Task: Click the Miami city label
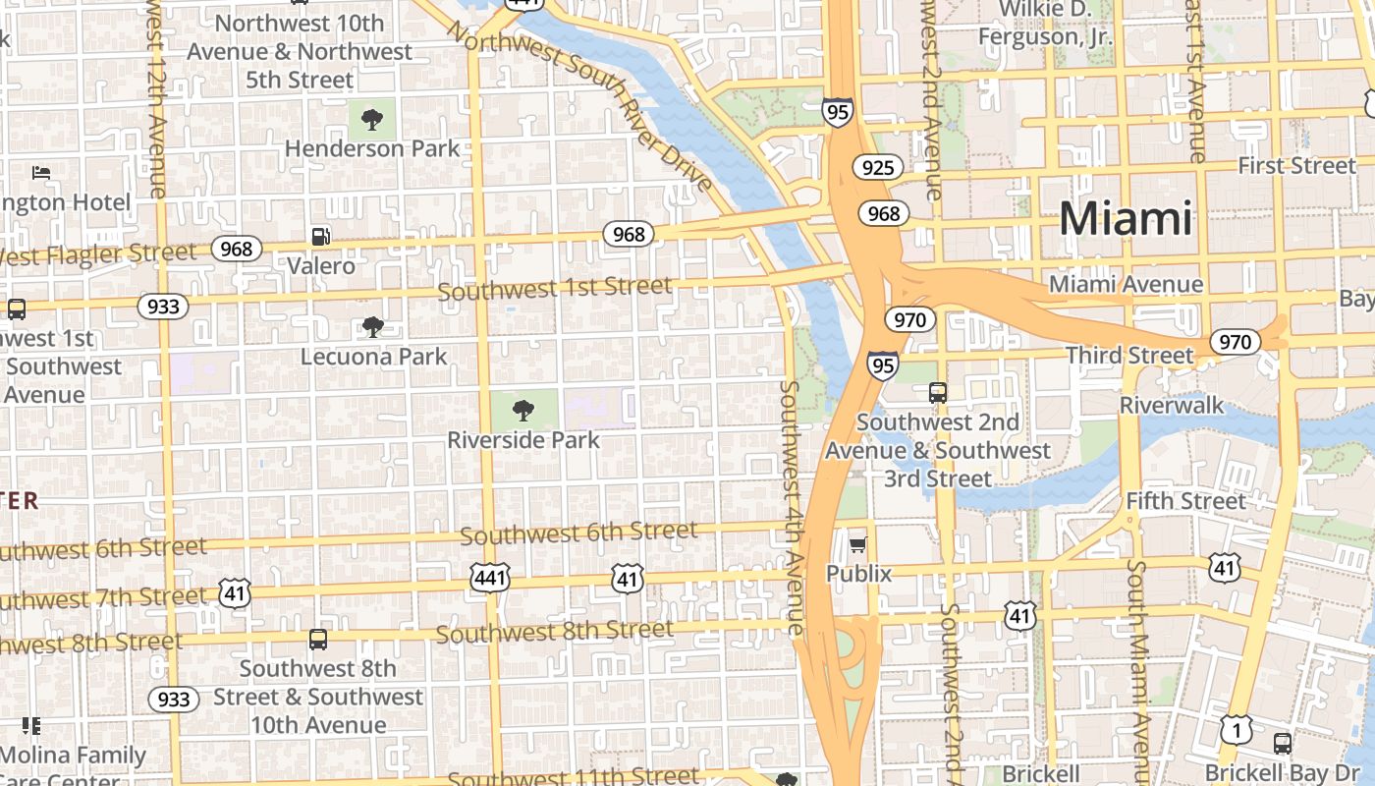[x=1126, y=217]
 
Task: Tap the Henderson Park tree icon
[x=371, y=120]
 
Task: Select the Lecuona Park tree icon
[x=372, y=327]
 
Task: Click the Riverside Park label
[x=523, y=439]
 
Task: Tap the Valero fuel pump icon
[x=321, y=236]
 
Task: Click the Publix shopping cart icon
[x=858, y=544]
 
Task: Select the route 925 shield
[x=877, y=168]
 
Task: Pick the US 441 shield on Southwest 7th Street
[x=489, y=579]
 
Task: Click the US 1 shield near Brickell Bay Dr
[x=1237, y=730]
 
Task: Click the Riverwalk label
[x=1172, y=405]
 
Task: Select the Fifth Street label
[x=1185, y=501]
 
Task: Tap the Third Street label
[x=1129, y=355]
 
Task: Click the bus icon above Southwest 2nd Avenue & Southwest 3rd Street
[x=938, y=393]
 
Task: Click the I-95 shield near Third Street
[x=882, y=366]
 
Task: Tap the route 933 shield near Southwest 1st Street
[x=163, y=307]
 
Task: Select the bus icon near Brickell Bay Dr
[x=1282, y=744]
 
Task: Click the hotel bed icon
[x=41, y=173]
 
